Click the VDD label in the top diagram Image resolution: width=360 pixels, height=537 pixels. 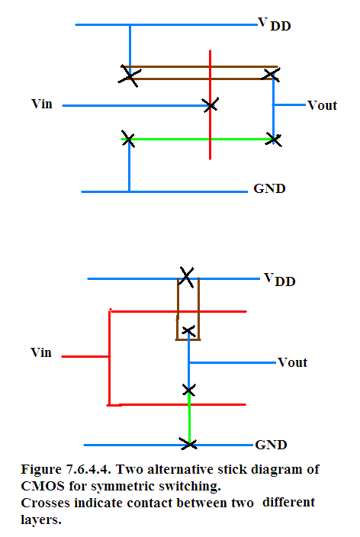coord(275,24)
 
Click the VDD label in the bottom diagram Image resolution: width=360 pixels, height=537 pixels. coord(279,279)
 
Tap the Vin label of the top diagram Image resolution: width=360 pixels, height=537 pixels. coord(42,104)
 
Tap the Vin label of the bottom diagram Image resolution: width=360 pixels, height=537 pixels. coord(41,352)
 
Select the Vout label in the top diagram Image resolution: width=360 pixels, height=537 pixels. coord(322,105)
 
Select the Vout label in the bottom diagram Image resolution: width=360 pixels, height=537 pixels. coord(292,362)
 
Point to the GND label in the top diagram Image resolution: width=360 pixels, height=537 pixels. coord(269,188)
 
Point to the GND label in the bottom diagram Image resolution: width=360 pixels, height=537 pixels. coord(271,445)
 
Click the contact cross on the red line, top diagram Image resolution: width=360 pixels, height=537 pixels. coord(211,105)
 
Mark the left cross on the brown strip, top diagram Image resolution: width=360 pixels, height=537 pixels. coord(129,76)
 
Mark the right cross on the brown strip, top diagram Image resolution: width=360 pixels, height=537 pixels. coord(271,74)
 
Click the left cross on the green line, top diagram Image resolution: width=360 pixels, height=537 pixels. coord(128,139)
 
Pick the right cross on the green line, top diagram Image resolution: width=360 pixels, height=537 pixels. coord(274,140)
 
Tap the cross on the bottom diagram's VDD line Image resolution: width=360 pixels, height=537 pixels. coord(186,277)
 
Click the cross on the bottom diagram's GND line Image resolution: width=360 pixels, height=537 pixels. coord(188,444)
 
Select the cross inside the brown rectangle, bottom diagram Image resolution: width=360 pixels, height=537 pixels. coord(188,331)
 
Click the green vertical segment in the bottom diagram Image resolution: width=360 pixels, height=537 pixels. coord(189,418)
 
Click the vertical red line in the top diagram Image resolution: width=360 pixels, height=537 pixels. coord(210,105)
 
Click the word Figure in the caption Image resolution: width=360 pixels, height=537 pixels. coord(41,470)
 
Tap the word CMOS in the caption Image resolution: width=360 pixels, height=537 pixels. coord(43,486)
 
